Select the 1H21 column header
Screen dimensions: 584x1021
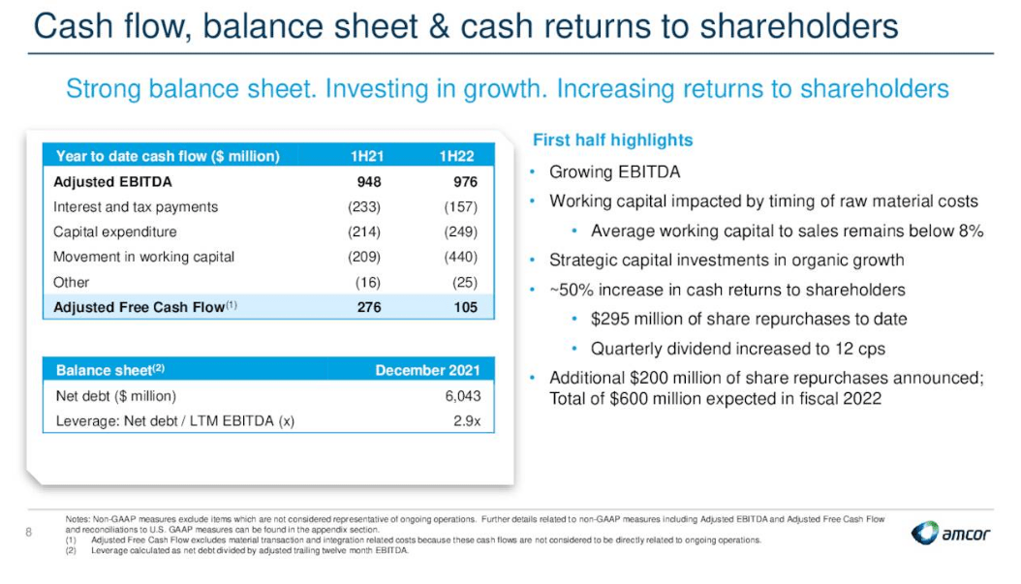[x=368, y=156]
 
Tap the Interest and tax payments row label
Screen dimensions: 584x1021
[x=136, y=206]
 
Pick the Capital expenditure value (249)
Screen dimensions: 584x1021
[x=458, y=231]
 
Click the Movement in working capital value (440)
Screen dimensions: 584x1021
[x=458, y=257]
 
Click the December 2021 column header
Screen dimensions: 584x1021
[x=427, y=370]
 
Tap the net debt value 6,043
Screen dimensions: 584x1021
[x=461, y=396]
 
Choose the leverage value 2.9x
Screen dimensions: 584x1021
[x=466, y=421]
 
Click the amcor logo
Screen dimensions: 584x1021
[x=951, y=534]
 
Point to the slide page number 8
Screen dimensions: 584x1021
[x=29, y=531]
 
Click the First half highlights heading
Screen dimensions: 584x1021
[x=612, y=140]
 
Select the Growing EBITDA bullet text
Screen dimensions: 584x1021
[x=614, y=172]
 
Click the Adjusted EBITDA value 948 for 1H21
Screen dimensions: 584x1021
[x=368, y=181]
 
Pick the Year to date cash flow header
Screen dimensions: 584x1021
[x=168, y=156]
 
